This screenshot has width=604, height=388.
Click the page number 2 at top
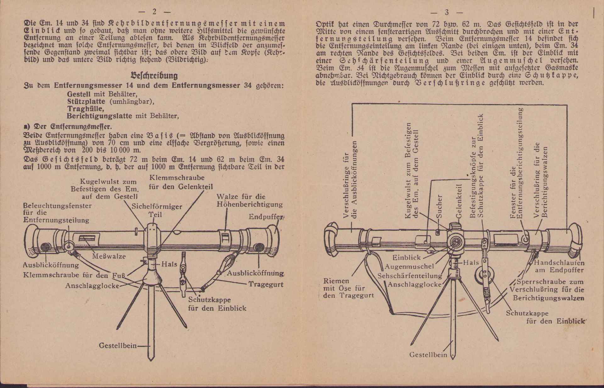[154, 12]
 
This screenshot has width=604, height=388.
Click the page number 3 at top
[446, 13]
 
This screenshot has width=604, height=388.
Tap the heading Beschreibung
[154, 76]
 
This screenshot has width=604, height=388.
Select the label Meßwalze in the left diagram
[109, 256]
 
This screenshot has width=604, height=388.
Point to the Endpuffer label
[266, 217]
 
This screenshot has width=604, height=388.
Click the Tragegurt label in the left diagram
[266, 285]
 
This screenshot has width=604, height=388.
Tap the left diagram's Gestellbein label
[118, 346]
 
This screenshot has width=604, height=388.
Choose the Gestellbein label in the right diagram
[428, 355]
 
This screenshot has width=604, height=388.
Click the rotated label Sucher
[439, 207]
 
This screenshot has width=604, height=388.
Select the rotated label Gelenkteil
[458, 202]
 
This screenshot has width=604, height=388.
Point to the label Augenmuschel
[409, 267]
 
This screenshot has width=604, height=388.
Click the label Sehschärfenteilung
[410, 276]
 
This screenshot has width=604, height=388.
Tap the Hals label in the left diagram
[169, 264]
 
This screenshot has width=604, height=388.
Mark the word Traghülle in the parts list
[85, 109]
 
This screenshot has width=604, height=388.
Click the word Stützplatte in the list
[86, 101]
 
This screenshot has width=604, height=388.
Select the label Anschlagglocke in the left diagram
[92, 286]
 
